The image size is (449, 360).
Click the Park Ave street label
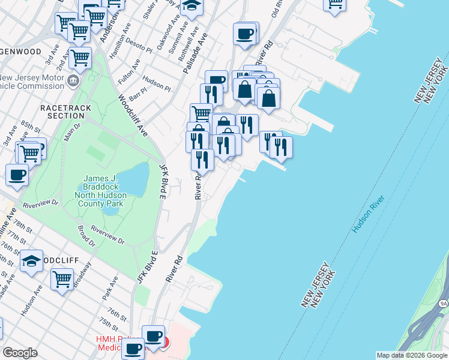click(x=110, y=289)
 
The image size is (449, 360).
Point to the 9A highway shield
click(x=443, y=305)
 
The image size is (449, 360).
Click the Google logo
click(x=20, y=353)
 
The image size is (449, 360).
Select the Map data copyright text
click(x=411, y=355)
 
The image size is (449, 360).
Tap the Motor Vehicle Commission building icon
click(x=73, y=80)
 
